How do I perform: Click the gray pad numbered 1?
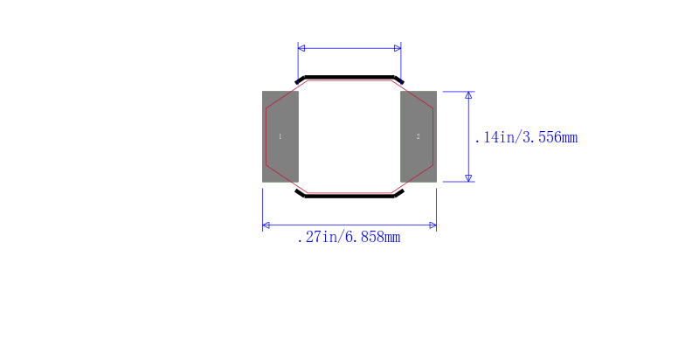click(280, 136)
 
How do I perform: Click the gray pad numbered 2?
click(419, 136)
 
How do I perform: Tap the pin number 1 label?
click(280, 136)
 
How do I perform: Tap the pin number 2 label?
click(419, 136)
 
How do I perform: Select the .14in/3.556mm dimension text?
click(526, 137)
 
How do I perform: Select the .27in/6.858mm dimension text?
click(349, 237)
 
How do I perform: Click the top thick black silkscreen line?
click(349, 77)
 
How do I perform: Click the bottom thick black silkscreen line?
click(349, 196)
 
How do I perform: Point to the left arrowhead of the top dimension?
click(301, 48)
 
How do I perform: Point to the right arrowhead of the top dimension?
click(398, 48)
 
